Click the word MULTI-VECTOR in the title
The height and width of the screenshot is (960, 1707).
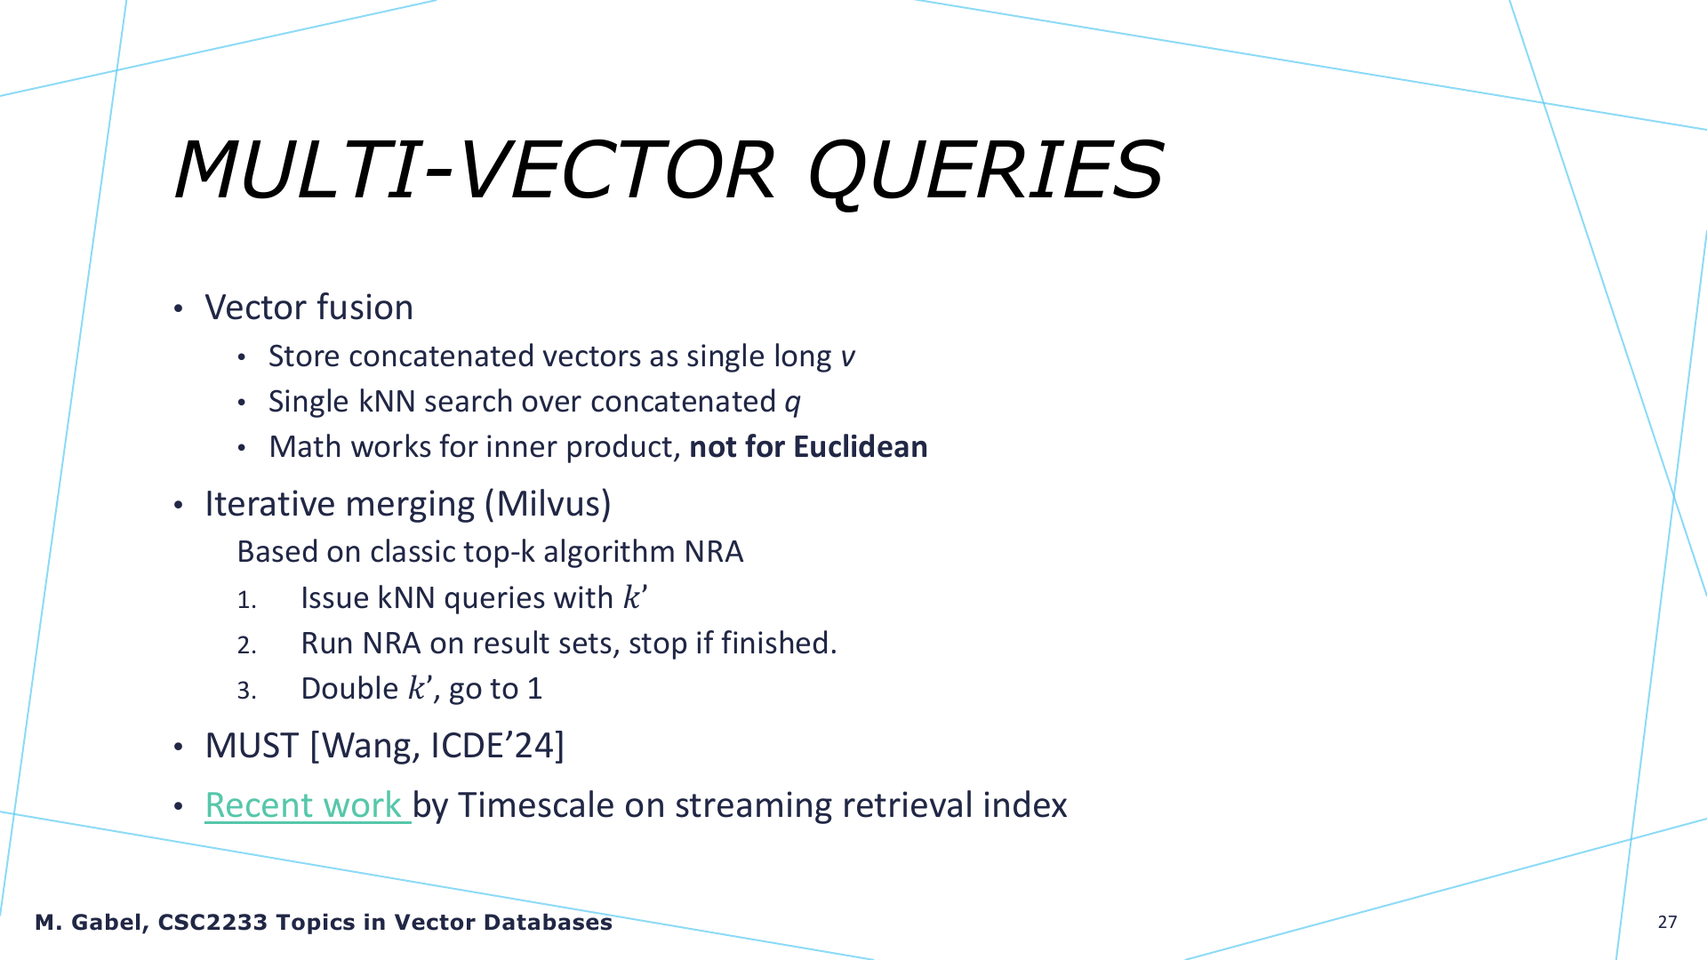[x=475, y=170]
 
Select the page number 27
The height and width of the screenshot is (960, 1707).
[x=1667, y=922]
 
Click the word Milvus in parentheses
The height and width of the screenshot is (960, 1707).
[x=549, y=504]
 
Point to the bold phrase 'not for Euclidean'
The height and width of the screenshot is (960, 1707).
[x=808, y=446]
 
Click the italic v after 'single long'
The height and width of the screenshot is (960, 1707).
[x=847, y=357]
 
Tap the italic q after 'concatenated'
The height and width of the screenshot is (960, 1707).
[x=792, y=404]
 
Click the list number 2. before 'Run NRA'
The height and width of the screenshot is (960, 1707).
[x=246, y=644]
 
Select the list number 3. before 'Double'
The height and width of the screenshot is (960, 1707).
[x=246, y=691]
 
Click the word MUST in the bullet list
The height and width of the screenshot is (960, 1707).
[x=252, y=745]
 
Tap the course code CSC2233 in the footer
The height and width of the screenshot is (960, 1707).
[x=212, y=922]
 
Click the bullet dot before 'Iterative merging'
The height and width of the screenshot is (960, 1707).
[x=179, y=506]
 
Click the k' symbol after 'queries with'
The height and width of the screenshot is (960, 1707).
[x=635, y=597]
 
